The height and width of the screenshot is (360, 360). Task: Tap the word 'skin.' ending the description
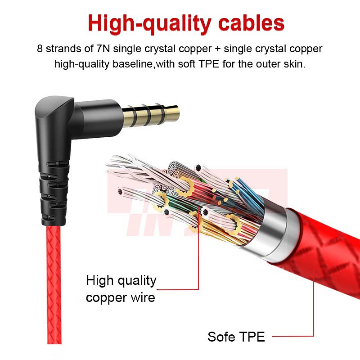293,64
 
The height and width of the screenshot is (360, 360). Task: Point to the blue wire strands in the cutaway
246,191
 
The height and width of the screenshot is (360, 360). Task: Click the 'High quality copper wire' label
121,288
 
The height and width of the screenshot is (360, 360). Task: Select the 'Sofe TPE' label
236,336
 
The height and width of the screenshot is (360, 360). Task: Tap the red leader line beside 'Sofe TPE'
292,336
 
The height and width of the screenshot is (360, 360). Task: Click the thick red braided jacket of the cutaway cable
324,252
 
